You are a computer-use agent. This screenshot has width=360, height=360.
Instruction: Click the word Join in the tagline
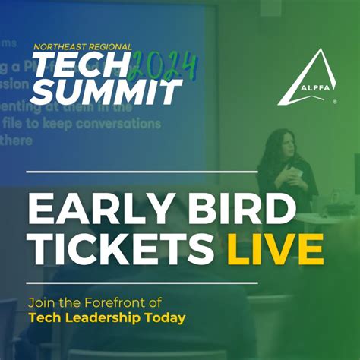[41, 300]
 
